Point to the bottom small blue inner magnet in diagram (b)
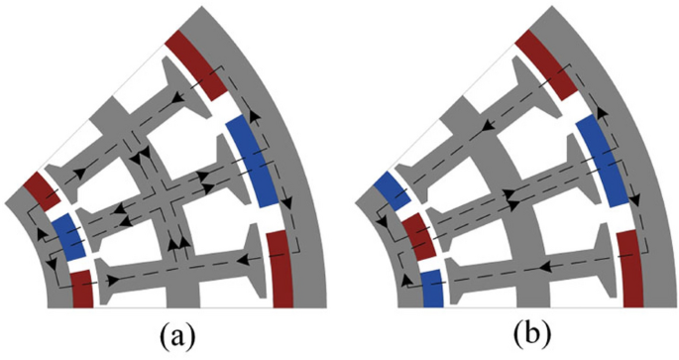coord(432,288)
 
